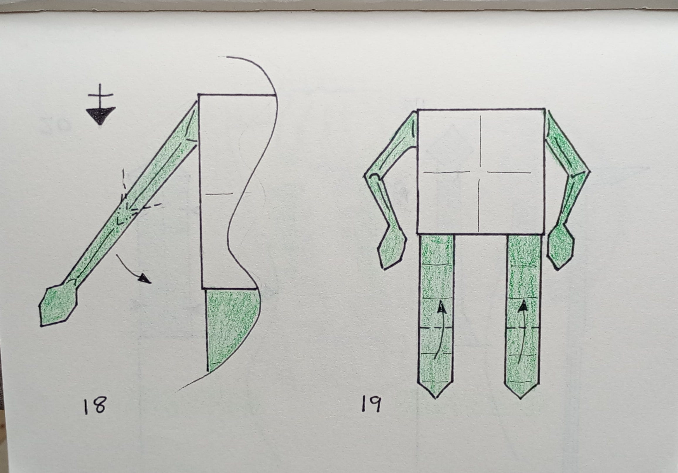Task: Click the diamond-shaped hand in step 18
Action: (x=59, y=306)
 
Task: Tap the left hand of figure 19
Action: (x=392, y=249)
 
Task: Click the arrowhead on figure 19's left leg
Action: (x=441, y=307)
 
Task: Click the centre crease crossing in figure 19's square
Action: (x=481, y=172)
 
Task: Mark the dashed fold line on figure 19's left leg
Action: (x=436, y=328)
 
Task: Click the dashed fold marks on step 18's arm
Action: (x=133, y=204)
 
